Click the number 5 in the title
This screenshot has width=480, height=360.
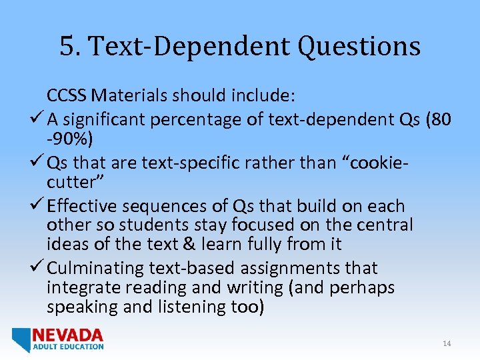(x=65, y=47)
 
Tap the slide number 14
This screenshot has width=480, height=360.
(x=447, y=343)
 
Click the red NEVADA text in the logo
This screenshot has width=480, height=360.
(x=68, y=335)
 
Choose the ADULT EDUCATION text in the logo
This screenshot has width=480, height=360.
(x=68, y=347)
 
